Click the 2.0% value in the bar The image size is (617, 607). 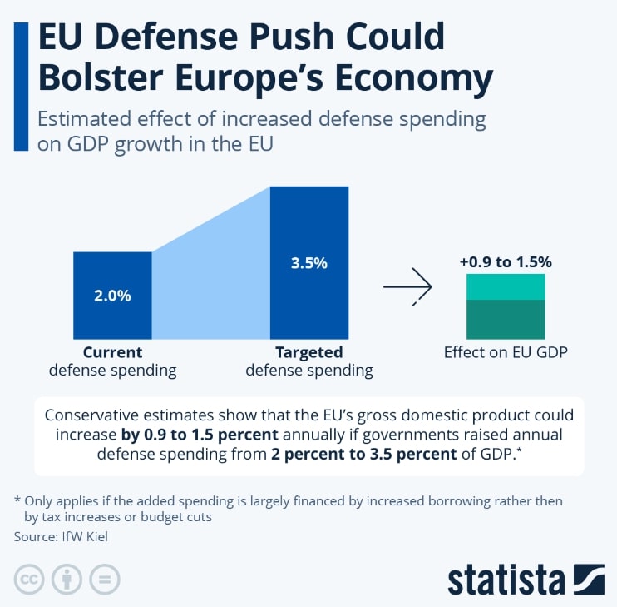pos(112,296)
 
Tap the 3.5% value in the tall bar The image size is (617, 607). pos(309,263)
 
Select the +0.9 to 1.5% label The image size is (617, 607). pos(506,262)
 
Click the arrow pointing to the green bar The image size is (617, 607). pos(407,286)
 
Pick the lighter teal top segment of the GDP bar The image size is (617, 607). pos(506,287)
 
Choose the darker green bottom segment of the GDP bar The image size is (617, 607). pos(506,320)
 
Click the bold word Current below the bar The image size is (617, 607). pos(112,352)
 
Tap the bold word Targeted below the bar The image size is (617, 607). pos(309,352)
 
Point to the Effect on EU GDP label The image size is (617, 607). pos(506,352)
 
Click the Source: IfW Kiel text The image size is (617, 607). pos(61,536)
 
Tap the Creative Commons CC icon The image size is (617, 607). pos(29,580)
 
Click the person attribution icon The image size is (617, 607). pos(67,580)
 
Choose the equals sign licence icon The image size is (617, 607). pos(104,580)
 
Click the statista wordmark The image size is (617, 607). pos(506,580)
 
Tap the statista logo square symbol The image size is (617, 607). pos(589,580)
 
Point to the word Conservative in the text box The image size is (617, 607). pos(91,415)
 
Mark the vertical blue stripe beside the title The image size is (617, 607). pos(22,87)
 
